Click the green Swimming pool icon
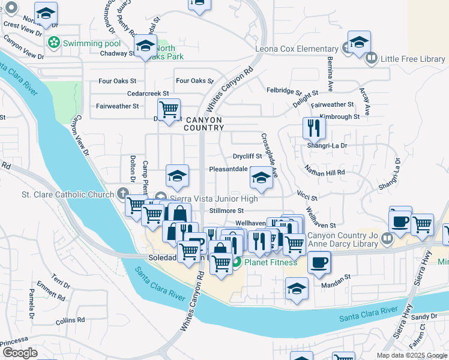click(55, 43)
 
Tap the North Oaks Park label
click(170, 52)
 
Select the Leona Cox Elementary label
click(297, 49)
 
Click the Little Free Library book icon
click(372, 58)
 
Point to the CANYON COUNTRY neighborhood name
click(203, 124)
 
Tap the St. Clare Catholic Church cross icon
click(123, 193)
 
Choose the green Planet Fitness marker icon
click(237, 262)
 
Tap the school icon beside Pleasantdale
click(261, 178)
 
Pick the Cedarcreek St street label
click(148, 94)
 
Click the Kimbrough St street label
click(339, 116)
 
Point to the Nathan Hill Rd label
click(324, 170)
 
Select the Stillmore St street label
click(226, 211)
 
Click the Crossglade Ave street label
click(269, 155)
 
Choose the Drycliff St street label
click(248, 157)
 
